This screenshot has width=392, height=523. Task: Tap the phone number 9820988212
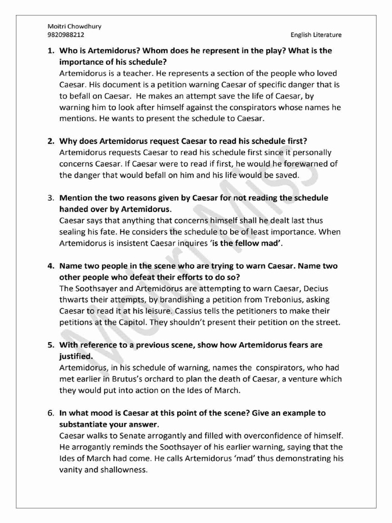[x=66, y=35]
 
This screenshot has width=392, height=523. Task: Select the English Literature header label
[x=316, y=35]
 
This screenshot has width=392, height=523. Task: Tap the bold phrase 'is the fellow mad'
[x=247, y=243]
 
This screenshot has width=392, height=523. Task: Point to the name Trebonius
[x=274, y=299]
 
